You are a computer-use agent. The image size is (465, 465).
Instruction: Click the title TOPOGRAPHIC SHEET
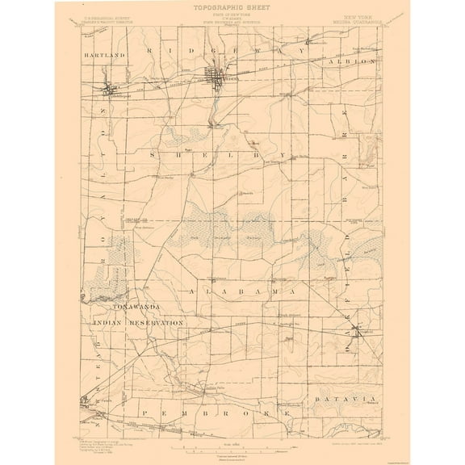tap(232, 6)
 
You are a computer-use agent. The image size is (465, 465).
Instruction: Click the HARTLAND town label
tap(105, 55)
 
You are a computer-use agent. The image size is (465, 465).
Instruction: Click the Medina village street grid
tap(217, 78)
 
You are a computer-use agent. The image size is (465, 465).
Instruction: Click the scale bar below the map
tap(232, 445)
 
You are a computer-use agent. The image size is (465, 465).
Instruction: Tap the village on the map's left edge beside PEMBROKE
tap(82, 400)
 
